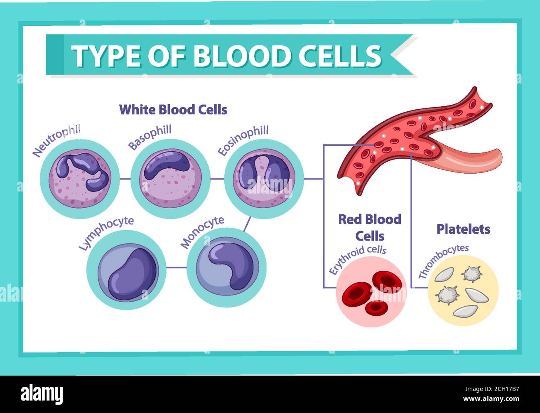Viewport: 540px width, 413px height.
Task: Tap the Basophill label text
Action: click(150, 138)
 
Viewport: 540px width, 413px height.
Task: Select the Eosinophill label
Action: click(243, 140)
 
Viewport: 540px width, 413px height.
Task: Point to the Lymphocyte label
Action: click(106, 232)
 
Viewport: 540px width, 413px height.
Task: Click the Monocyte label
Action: click(202, 231)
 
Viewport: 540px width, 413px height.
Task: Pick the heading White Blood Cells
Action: click(173, 110)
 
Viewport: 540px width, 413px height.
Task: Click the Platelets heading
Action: click(463, 229)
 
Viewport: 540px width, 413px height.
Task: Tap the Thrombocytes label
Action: click(443, 261)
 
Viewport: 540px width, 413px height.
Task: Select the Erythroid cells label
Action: click(357, 258)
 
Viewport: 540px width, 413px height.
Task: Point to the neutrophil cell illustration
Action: click(80, 179)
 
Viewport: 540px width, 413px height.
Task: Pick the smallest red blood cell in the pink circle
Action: click(376, 307)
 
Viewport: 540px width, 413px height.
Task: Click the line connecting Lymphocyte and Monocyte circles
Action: click(176, 267)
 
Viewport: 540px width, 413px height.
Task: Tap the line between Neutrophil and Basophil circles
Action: click(125, 179)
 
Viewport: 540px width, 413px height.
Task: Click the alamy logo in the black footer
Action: click(42, 393)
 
